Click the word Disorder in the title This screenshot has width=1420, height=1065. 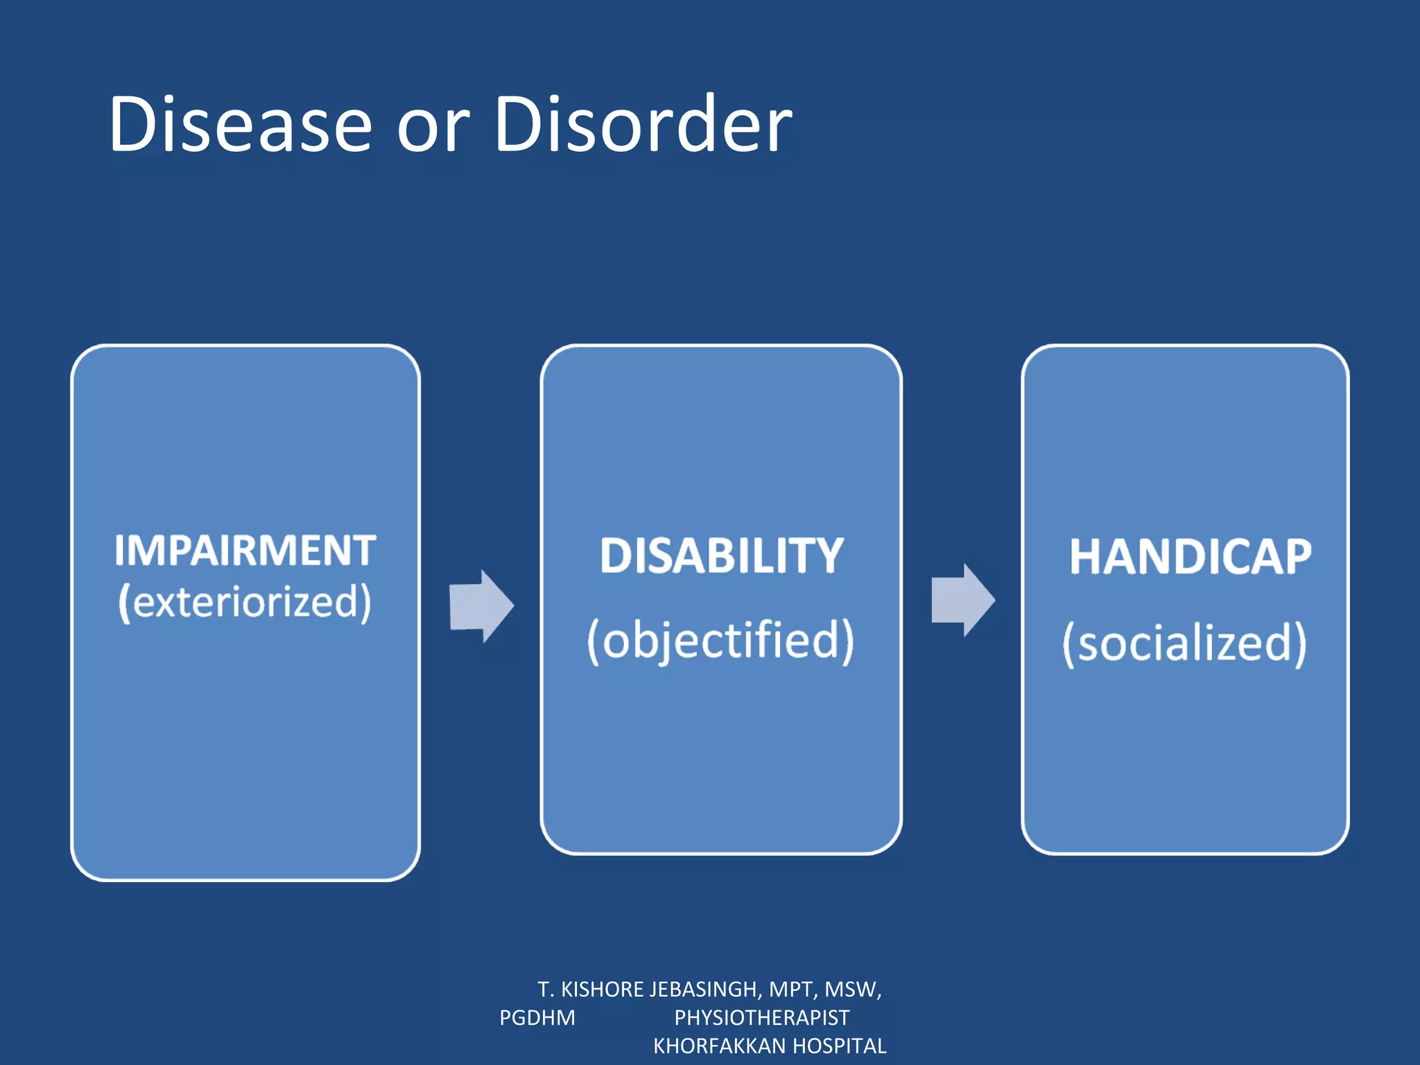point(643,125)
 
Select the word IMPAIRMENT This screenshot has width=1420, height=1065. point(245,551)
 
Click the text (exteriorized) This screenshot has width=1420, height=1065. point(245,602)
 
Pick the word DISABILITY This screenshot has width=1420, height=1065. point(721,556)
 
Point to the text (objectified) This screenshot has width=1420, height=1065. point(721,641)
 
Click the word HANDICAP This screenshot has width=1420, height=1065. point(1190,557)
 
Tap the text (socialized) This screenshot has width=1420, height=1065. point(1184,643)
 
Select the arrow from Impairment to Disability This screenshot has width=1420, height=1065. point(481,606)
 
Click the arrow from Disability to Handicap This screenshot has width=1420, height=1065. point(962,600)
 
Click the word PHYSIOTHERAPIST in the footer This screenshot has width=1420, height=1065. point(761,1017)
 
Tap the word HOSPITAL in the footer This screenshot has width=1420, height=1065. point(840,1046)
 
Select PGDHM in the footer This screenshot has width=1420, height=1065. point(537,1017)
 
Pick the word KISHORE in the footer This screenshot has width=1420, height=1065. point(602,989)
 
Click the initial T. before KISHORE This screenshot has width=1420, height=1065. point(546,989)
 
